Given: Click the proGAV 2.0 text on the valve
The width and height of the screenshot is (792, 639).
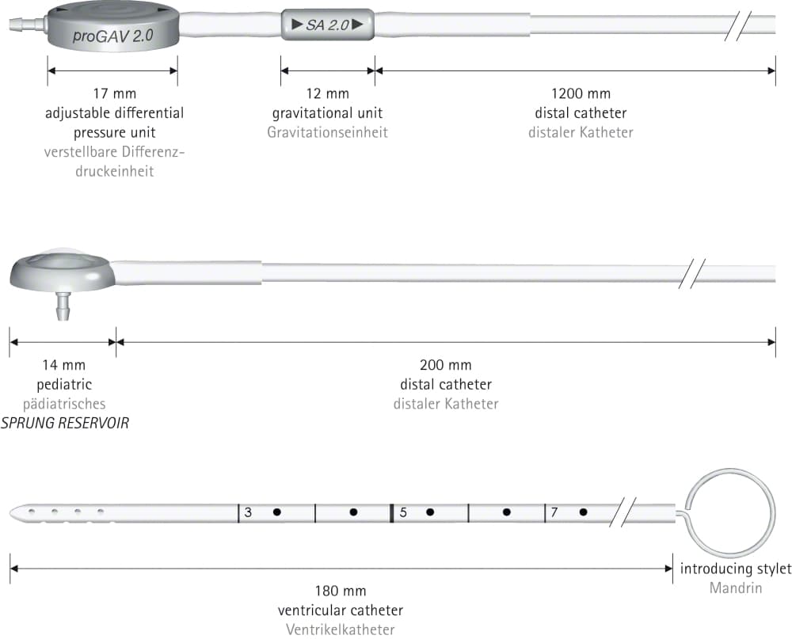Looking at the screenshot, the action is (x=113, y=36).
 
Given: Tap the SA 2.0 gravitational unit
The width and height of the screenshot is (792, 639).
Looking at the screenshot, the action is (x=328, y=25).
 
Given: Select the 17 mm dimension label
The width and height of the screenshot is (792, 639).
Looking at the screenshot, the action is (x=115, y=93).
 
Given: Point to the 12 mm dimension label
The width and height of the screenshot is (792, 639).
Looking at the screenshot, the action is (x=328, y=93).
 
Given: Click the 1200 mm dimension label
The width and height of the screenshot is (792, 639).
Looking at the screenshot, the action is (x=581, y=93).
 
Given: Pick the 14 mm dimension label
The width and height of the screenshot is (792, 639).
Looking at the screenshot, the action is (x=64, y=365).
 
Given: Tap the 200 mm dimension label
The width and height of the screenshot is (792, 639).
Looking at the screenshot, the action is (x=445, y=365).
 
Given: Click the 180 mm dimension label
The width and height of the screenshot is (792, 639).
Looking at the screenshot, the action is (x=341, y=591).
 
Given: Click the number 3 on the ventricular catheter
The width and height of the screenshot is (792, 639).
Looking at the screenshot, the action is (x=248, y=513).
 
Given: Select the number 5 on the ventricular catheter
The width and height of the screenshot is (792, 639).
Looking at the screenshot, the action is (x=403, y=513).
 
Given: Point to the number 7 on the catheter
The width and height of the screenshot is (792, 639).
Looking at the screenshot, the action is (x=554, y=512).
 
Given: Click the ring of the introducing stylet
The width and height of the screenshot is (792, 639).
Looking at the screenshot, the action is (x=730, y=470).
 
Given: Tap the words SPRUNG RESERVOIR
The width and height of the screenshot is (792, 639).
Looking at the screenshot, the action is (x=65, y=423).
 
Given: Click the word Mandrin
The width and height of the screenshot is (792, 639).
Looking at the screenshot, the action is (x=736, y=588).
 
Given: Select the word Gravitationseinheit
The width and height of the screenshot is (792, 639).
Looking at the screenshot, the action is (x=327, y=132).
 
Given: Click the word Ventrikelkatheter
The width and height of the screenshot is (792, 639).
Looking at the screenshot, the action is (x=341, y=629).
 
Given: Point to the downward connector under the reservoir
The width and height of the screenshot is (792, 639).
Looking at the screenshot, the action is (x=63, y=306).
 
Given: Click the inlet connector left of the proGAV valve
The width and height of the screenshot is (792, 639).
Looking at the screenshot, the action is (x=28, y=24).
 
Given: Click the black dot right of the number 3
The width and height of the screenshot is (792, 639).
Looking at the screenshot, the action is (x=276, y=512).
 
